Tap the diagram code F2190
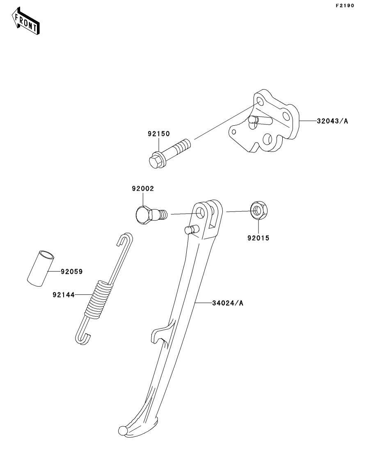tap(344, 6)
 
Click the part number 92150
tap(159, 133)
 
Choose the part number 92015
tap(258, 237)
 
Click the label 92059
tap(71, 271)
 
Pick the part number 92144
tap(63, 294)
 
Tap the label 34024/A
tap(228, 303)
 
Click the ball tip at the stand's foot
tap(122, 430)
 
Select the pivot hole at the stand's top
tap(201, 212)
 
